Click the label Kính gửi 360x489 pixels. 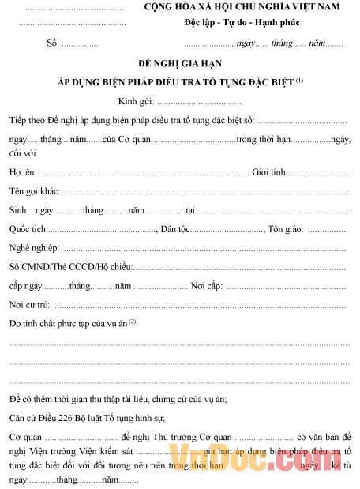[136, 102]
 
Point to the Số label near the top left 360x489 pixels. [53, 43]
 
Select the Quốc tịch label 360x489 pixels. [28, 229]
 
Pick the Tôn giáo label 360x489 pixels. [286, 229]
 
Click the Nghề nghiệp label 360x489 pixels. [34, 248]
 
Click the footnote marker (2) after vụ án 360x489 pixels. [133, 322]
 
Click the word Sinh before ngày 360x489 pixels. [17, 210]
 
